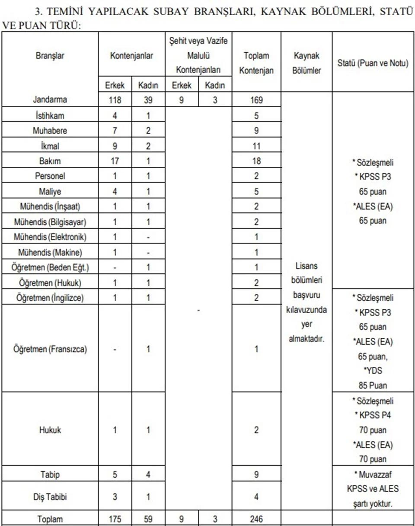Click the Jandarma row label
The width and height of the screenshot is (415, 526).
pos(50,100)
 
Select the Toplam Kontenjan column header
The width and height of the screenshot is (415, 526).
pos(256,63)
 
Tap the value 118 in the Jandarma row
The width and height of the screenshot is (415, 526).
pos(115,100)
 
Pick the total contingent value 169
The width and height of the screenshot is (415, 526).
pos(256,100)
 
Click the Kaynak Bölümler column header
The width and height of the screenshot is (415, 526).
pos(306,63)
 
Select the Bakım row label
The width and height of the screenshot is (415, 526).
pos(50,161)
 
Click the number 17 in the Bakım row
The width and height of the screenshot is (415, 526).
pos(115,161)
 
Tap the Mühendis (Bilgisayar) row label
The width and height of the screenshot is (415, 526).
pos(50,222)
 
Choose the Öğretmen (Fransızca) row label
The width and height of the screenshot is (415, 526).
pos(50,349)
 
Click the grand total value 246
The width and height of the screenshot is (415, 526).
pos(256,519)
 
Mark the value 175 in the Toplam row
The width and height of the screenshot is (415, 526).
pos(115,519)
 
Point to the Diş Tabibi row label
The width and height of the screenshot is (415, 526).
pos(50,497)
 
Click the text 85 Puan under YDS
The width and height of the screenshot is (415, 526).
pos(373,385)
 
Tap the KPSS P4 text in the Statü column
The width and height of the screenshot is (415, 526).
pos(373,416)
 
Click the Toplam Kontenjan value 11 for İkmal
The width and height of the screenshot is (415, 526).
pos(256,146)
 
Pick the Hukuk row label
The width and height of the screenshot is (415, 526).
pos(50,430)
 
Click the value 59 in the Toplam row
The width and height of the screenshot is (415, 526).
pos(148,519)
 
